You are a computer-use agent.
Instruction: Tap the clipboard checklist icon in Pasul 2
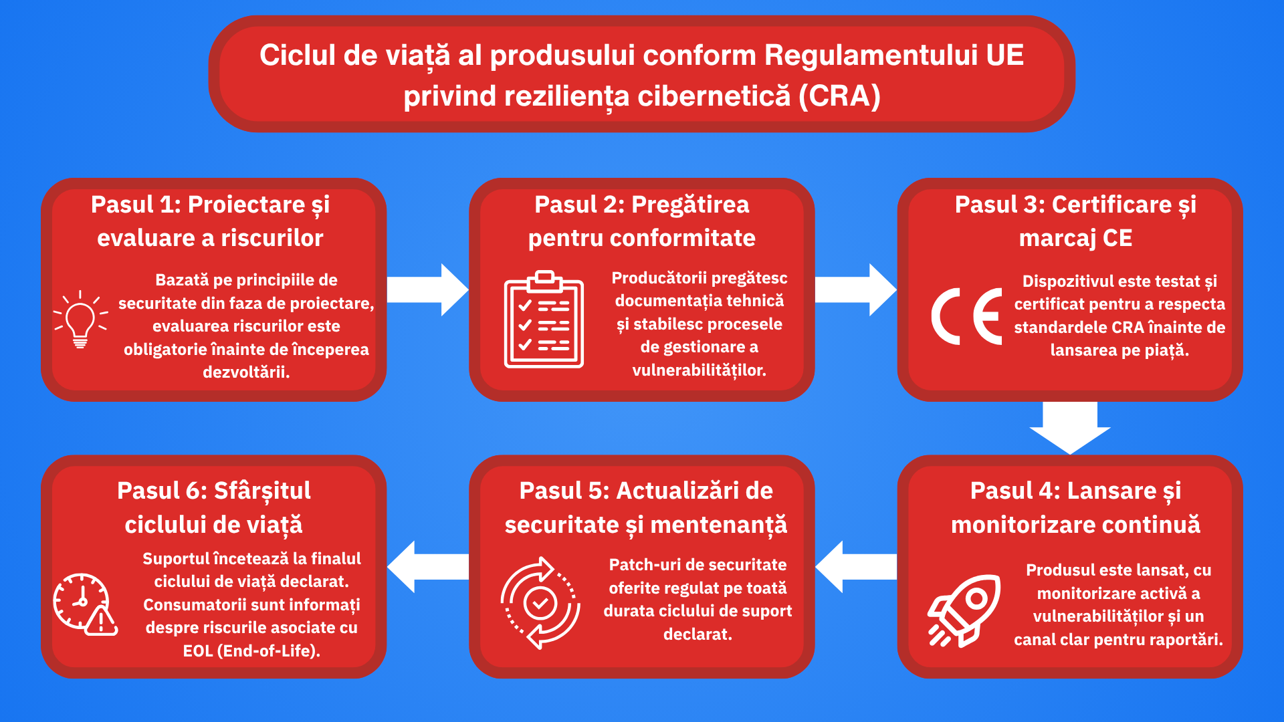544,319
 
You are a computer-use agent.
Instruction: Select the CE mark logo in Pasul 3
967,316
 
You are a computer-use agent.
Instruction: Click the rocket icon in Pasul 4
964,610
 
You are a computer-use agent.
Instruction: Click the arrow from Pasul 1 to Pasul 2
427,289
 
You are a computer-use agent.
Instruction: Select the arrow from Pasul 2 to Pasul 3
856,289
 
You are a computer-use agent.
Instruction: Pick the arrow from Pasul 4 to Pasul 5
856,567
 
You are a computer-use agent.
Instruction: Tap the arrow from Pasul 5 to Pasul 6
428,567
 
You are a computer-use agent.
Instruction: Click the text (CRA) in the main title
839,96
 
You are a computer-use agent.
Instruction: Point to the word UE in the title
1004,55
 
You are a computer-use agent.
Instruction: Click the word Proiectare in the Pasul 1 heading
246,205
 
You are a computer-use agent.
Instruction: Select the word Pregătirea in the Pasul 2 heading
690,205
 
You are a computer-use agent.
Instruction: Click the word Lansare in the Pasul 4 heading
1111,491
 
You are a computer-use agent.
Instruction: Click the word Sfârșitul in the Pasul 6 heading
262,491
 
